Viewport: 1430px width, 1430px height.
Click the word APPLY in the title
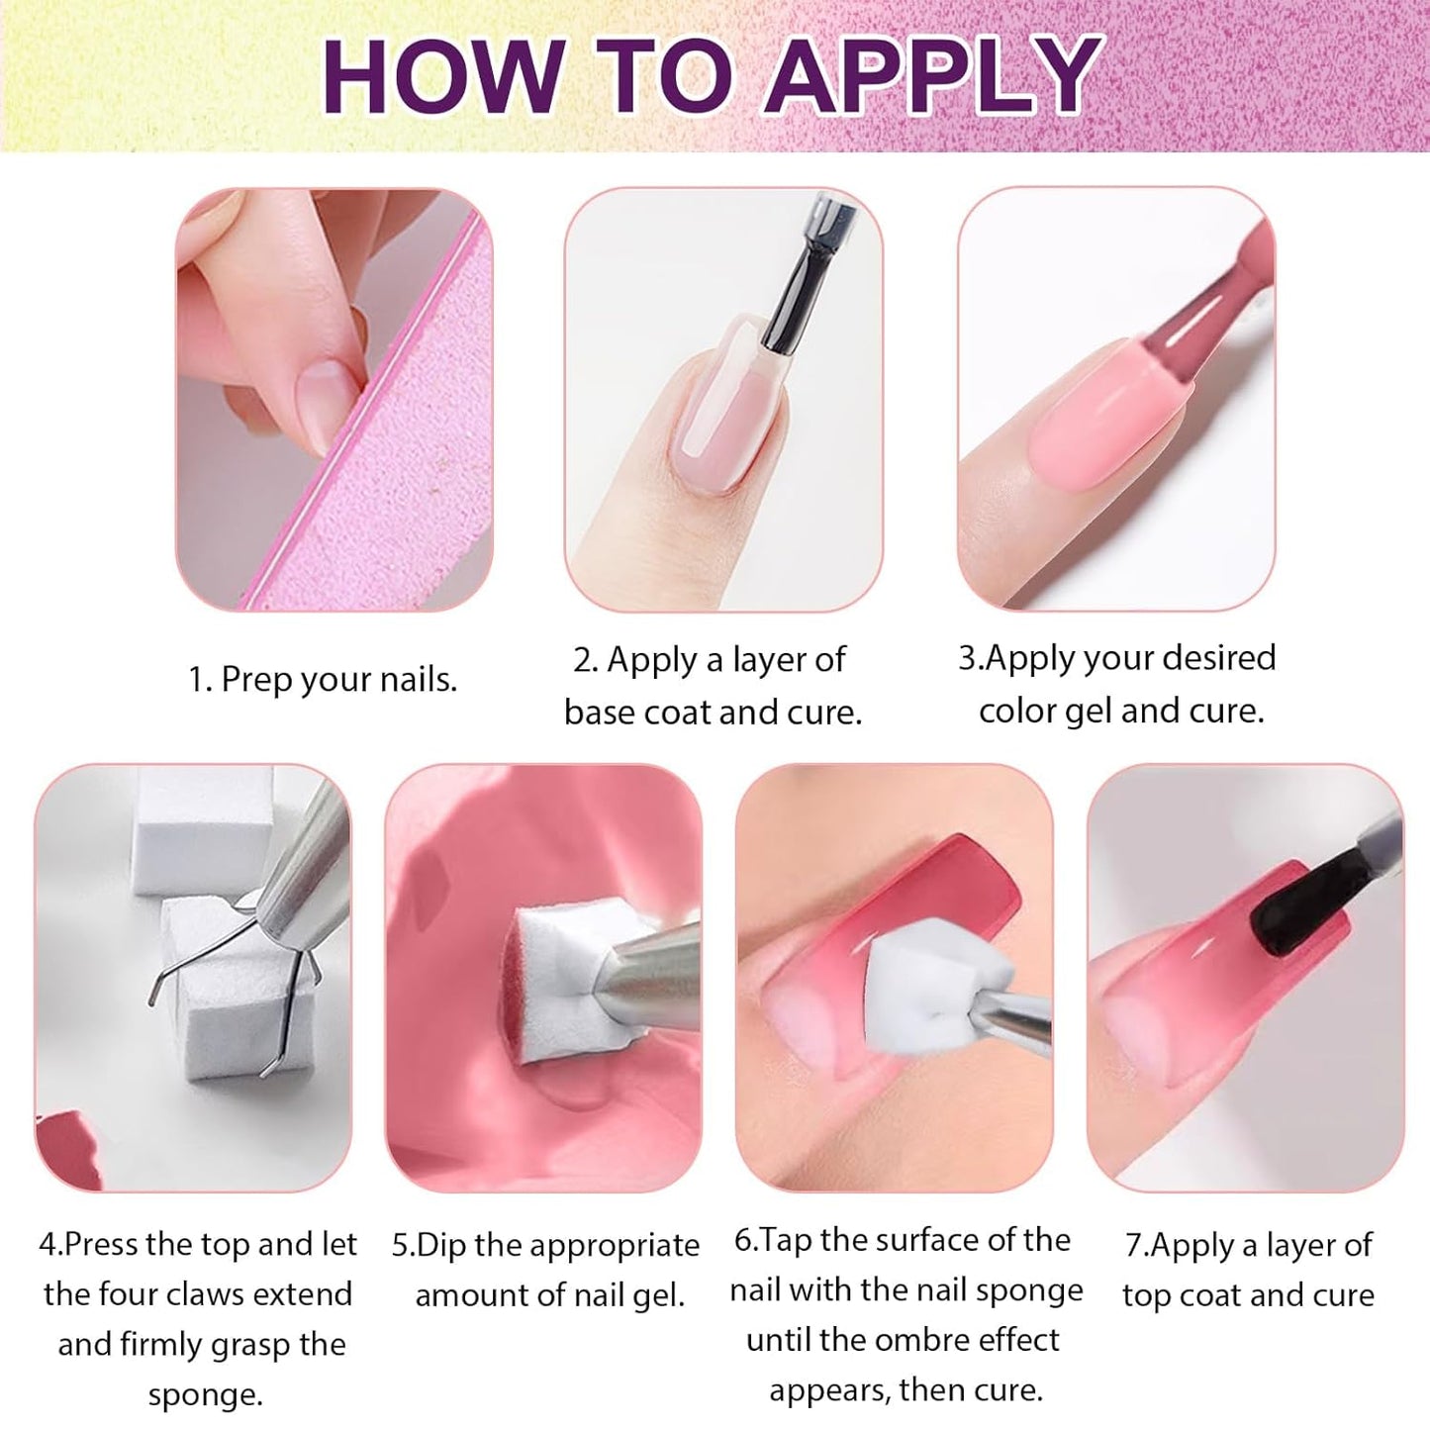coord(933,76)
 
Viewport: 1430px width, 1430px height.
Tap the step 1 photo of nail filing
coord(334,400)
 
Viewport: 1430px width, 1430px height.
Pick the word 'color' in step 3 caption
coord(1017,711)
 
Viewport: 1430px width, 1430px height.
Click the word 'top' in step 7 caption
coord(1146,1295)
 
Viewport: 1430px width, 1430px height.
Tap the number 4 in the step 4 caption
coord(48,1245)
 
